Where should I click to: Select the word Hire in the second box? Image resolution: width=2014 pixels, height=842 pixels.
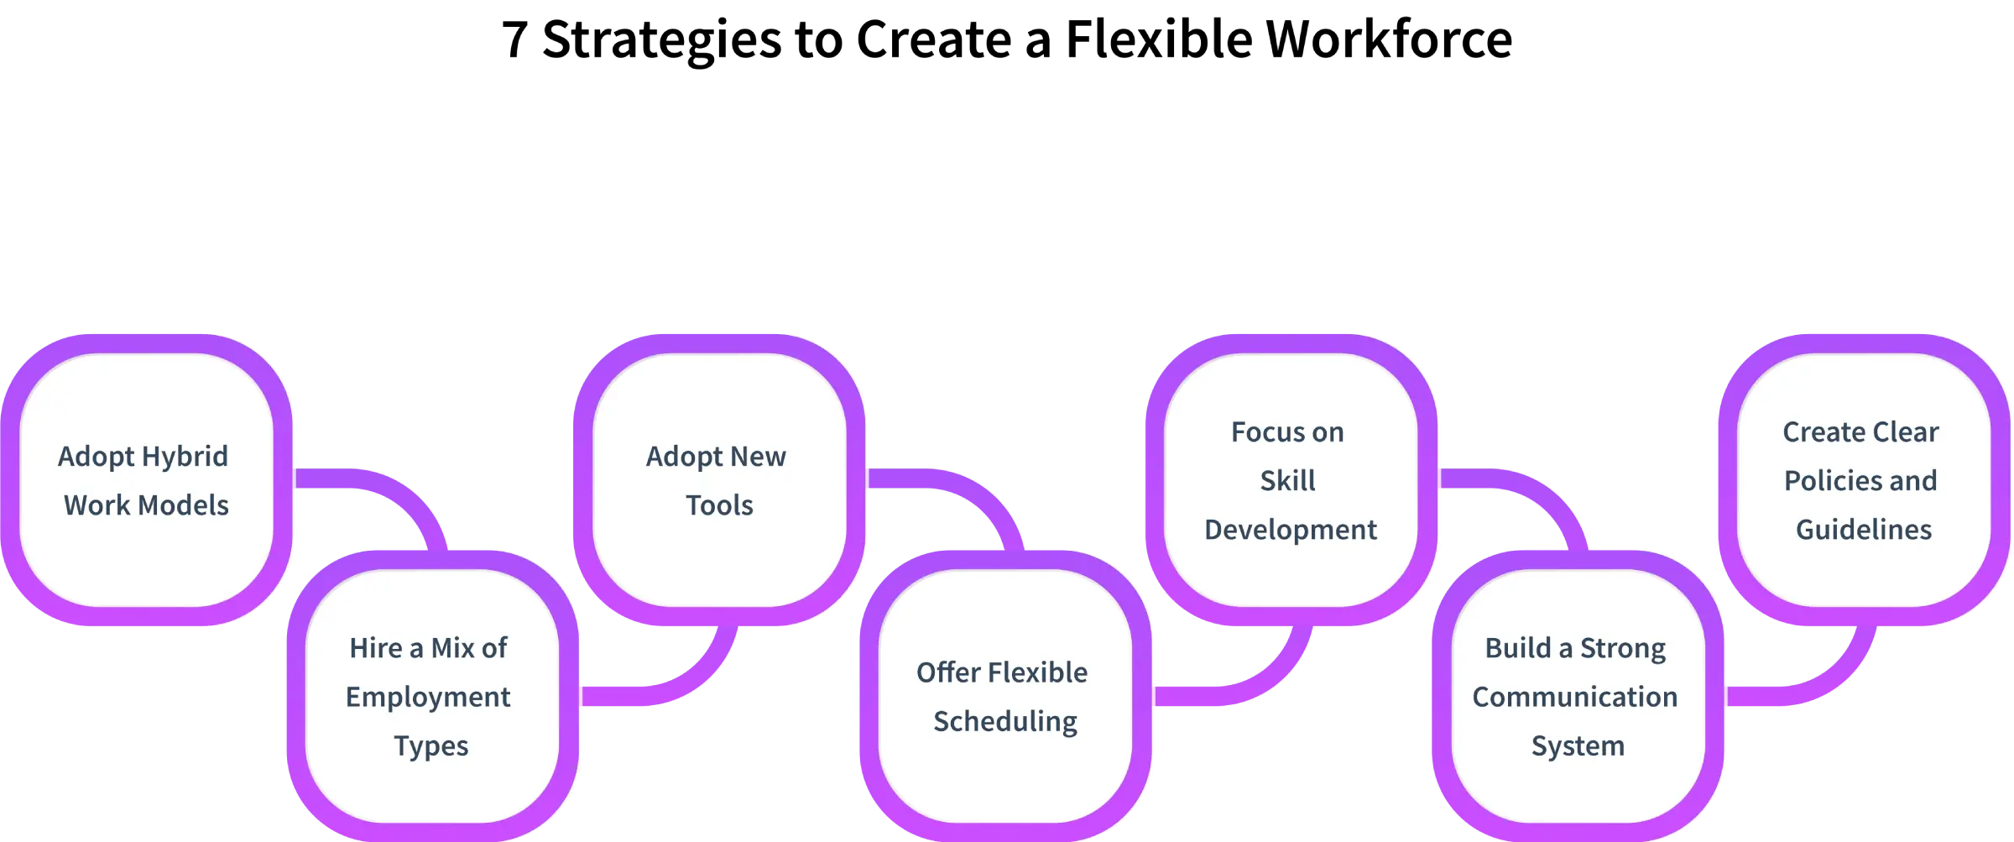(375, 648)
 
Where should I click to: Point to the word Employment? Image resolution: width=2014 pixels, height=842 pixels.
(428, 697)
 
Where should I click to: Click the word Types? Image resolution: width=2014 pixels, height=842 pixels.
(431, 746)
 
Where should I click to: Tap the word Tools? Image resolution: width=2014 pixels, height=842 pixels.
(719, 505)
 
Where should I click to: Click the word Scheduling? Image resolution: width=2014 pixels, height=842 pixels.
(1005, 722)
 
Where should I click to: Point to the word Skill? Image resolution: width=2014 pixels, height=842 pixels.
(1287, 481)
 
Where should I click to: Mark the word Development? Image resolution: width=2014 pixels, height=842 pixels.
(1291, 530)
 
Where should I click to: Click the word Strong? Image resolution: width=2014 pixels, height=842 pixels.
(1622, 649)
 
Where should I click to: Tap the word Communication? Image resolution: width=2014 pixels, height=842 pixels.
(1575, 697)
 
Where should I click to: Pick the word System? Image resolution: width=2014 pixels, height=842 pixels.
(1578, 746)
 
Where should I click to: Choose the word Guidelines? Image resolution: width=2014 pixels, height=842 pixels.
(1864, 530)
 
